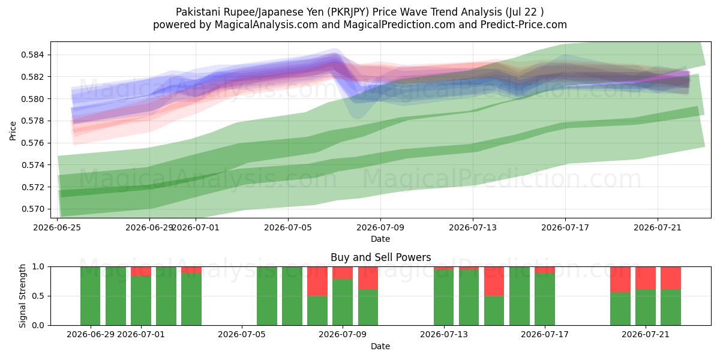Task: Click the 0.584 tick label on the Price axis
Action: (32, 55)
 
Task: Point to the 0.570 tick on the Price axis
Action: (32, 209)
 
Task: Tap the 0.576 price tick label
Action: (32, 143)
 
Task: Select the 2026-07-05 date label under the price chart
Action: (288, 227)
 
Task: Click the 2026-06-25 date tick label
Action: (57, 227)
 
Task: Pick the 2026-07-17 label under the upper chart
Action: (565, 227)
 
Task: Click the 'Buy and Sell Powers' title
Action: (380, 257)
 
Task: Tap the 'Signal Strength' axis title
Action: (22, 296)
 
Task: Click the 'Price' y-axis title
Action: (13, 131)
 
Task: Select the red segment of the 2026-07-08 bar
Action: (317, 281)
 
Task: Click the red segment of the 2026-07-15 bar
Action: (494, 281)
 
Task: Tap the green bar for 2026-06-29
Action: (91, 296)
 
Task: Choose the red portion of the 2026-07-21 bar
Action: (646, 278)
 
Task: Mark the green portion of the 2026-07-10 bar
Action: (368, 307)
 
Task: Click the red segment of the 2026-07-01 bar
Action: (141, 271)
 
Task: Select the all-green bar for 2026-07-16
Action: (520, 296)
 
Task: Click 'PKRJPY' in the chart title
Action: (349, 12)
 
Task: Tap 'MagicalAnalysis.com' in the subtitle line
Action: (266, 25)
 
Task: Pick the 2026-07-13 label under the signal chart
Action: (444, 335)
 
